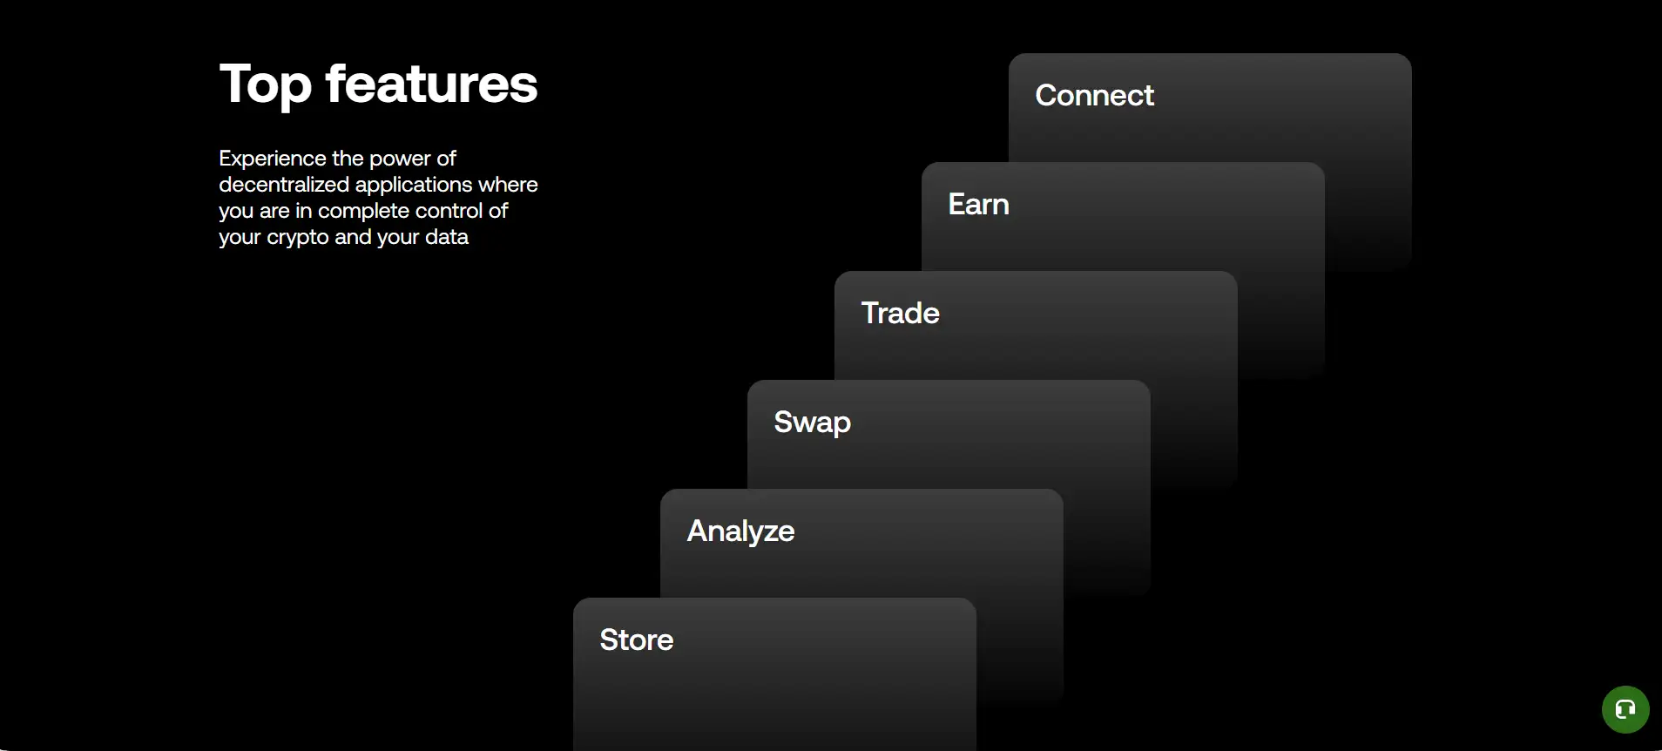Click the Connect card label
[1094, 95]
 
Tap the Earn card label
[978, 204]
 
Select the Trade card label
[900, 313]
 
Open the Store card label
[636, 639]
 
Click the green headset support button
[1625, 709]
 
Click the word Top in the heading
[265, 85]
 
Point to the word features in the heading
[431, 84]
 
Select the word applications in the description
[414, 186]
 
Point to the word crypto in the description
[298, 238]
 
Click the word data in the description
[446, 237]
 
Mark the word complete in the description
[363, 212]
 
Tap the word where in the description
[508, 185]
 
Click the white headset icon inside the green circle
[1625, 709]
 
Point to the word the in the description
[347, 159]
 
